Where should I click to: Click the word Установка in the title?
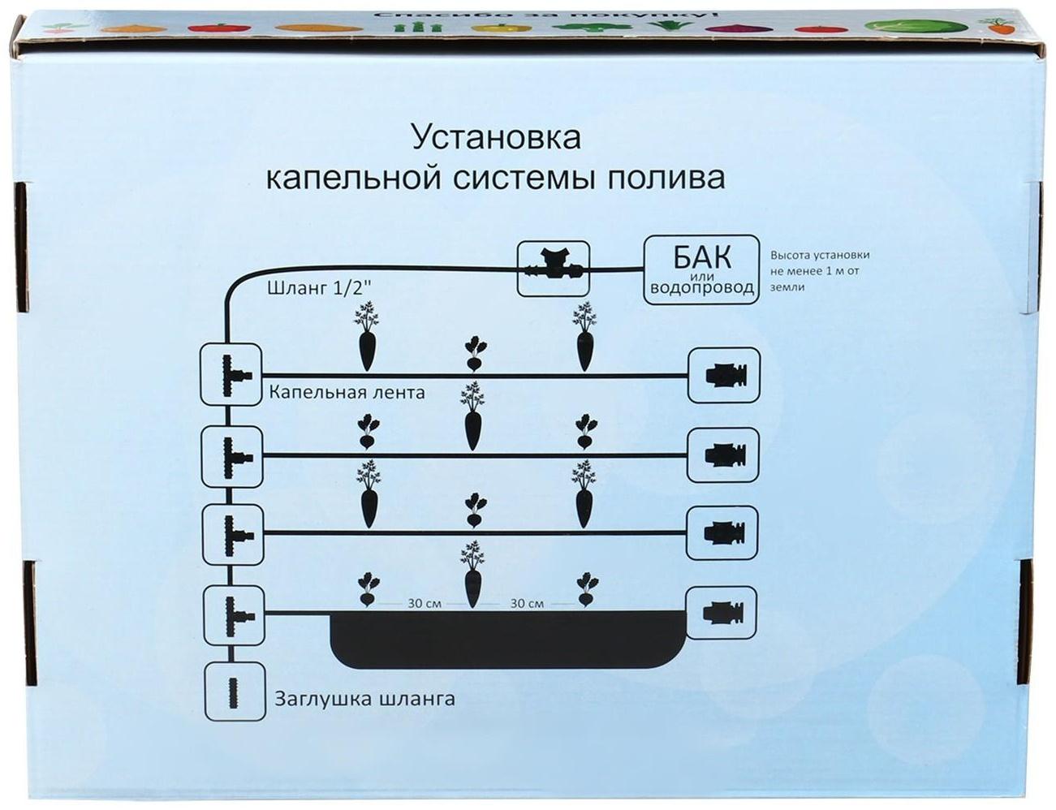pyautogui.click(x=496, y=136)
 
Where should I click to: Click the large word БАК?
pyautogui.click(x=701, y=257)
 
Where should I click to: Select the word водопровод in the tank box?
pyautogui.click(x=701, y=288)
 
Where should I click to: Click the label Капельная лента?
pyautogui.click(x=347, y=393)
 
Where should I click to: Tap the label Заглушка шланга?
pyautogui.click(x=364, y=699)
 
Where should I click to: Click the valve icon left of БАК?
pyautogui.click(x=553, y=267)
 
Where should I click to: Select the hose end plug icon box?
pyautogui.click(x=234, y=692)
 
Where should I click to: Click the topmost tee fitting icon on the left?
pyautogui.click(x=231, y=373)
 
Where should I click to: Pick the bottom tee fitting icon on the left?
pyautogui.click(x=231, y=612)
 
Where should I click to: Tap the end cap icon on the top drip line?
pyautogui.click(x=723, y=375)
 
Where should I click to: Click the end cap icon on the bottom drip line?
pyautogui.click(x=722, y=612)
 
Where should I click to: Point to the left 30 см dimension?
pyautogui.click(x=425, y=604)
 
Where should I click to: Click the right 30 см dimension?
pyautogui.click(x=528, y=604)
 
